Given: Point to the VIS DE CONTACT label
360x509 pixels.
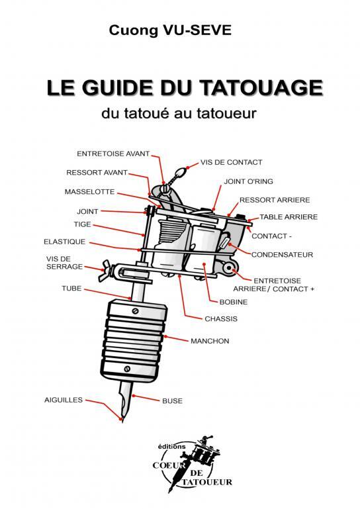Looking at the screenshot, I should click(x=232, y=162).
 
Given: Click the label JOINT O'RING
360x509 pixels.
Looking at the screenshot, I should click(x=249, y=181).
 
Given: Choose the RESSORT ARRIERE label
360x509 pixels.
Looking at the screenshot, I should click(x=274, y=199).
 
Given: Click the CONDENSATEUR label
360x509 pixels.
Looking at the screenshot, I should click(x=281, y=254).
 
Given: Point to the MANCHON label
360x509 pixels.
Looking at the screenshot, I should click(x=209, y=341).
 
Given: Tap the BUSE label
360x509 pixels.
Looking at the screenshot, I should click(x=171, y=401).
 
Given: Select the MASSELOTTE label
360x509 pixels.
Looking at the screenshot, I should click(x=89, y=192).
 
